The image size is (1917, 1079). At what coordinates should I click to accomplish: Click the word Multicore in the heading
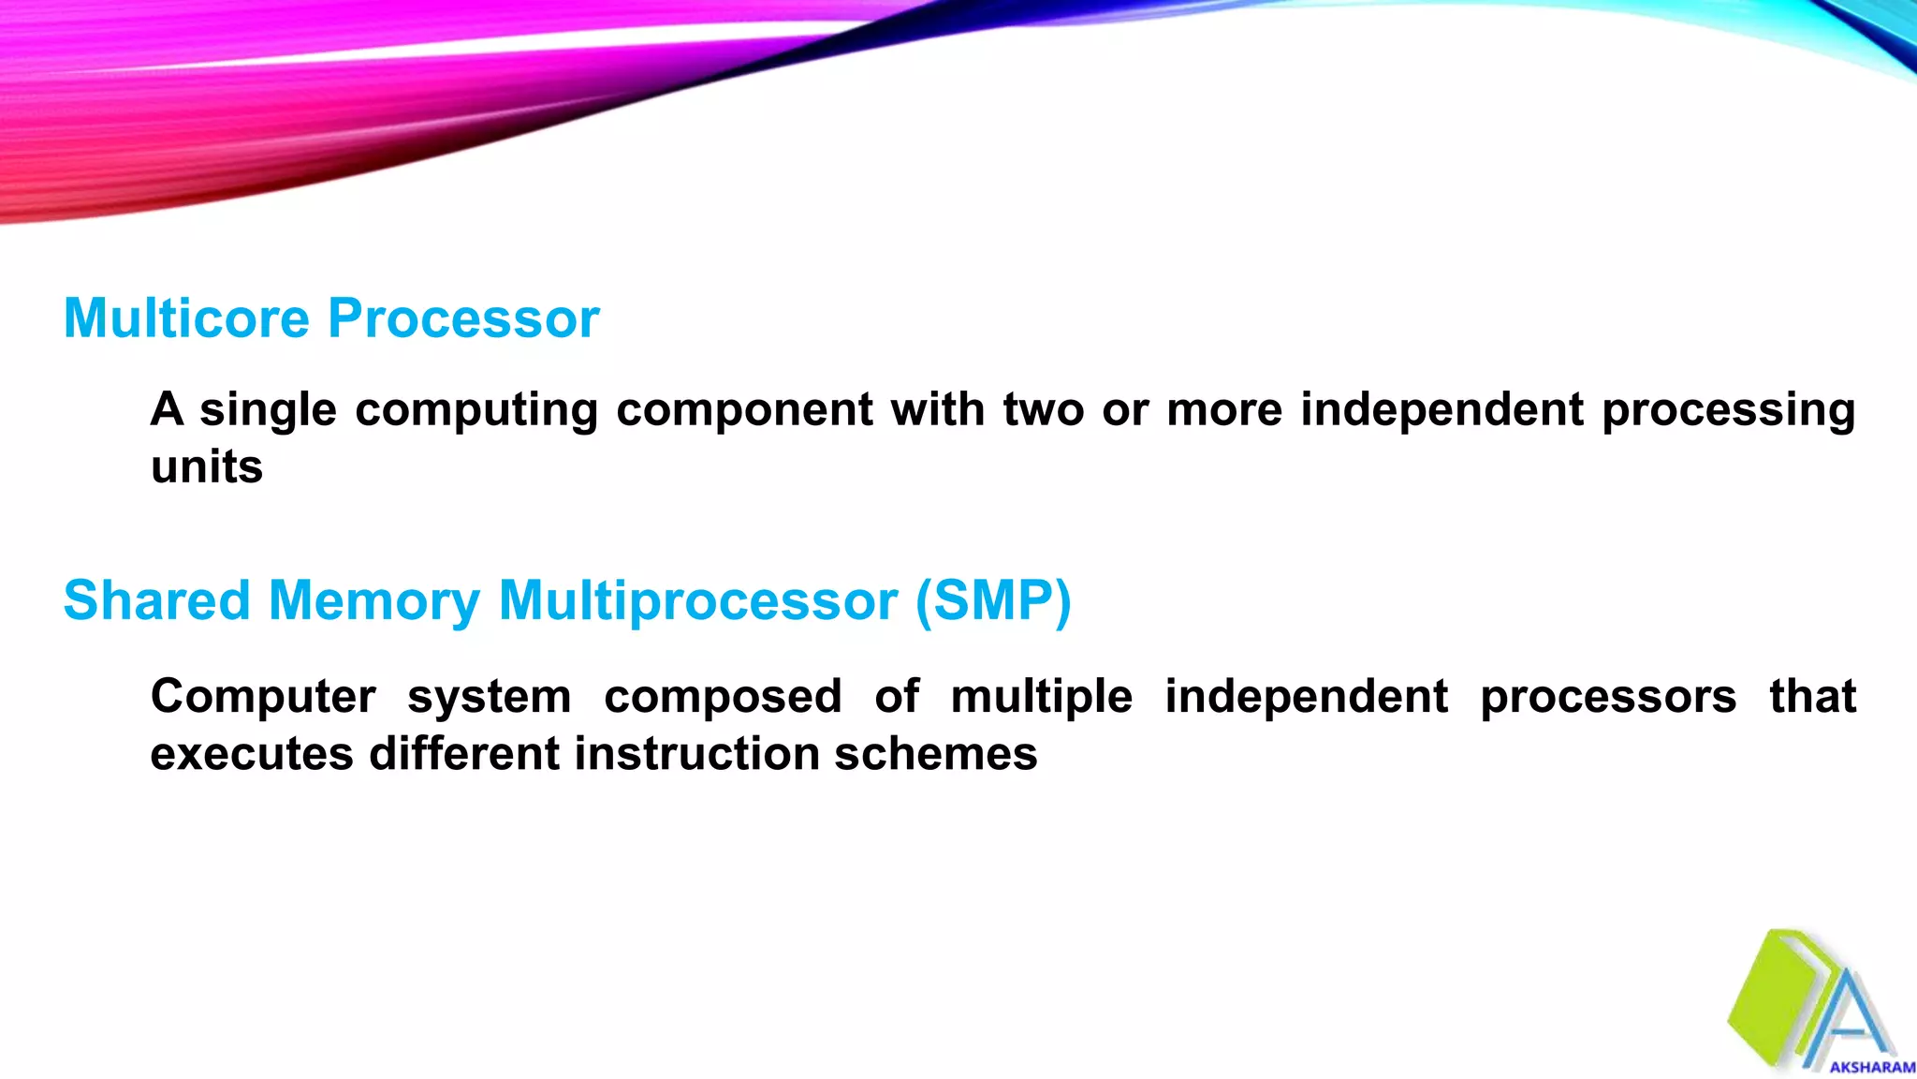[x=186, y=318]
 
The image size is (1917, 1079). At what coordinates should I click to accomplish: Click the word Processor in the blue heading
[x=463, y=318]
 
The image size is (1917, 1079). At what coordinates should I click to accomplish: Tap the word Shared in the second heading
[x=156, y=600]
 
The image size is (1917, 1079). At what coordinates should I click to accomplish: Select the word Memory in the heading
[x=373, y=600]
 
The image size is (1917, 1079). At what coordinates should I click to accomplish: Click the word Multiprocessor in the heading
[x=697, y=600]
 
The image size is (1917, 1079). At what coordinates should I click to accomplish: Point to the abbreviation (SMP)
[x=992, y=600]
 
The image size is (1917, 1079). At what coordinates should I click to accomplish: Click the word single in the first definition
[x=268, y=410]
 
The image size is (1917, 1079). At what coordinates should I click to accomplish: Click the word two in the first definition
[x=1044, y=410]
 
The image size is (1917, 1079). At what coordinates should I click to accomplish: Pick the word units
[x=207, y=466]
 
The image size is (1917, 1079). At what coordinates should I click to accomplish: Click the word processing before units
[x=1728, y=410]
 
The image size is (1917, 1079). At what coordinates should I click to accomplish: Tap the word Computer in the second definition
[x=263, y=697]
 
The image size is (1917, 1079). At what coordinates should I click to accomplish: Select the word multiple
[x=1041, y=697]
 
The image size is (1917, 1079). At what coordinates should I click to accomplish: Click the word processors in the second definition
[x=1607, y=697]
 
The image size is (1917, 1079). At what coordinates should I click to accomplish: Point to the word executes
[x=251, y=754]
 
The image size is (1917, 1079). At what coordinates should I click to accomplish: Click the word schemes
[x=936, y=754]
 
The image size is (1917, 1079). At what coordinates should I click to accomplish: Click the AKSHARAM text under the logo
[x=1872, y=1067]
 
